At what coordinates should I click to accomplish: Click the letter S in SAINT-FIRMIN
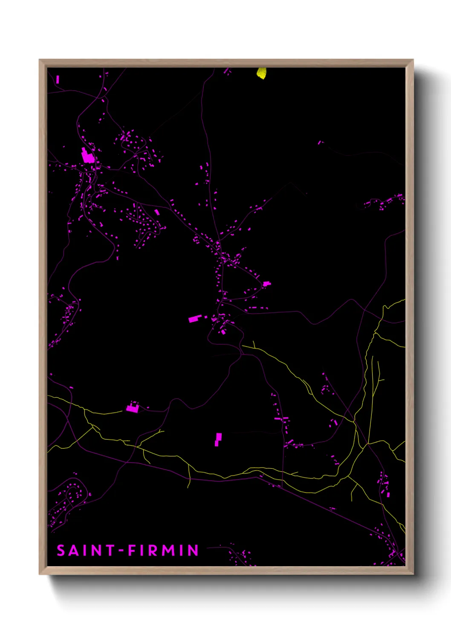[61, 550]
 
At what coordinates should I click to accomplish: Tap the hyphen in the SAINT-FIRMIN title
[121, 551]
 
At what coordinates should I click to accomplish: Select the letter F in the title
[132, 550]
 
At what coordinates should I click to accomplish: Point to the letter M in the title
[169, 550]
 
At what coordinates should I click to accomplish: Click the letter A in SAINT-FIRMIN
[74, 550]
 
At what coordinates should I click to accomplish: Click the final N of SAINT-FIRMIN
[194, 550]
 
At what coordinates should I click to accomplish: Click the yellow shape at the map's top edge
[261, 73]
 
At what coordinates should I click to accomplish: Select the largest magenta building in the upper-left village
[88, 156]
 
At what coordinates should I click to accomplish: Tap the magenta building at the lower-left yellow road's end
[133, 409]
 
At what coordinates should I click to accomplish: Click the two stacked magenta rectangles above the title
[218, 439]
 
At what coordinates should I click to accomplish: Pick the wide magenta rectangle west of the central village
[194, 318]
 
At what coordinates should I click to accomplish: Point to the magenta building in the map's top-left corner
[58, 79]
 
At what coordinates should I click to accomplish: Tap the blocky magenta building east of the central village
[267, 283]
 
